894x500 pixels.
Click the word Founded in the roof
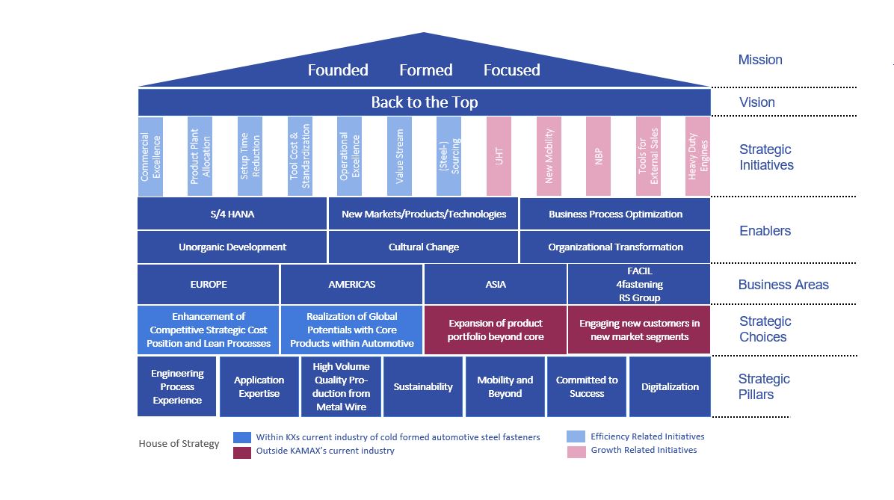pos(338,70)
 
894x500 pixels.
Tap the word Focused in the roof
pos(511,70)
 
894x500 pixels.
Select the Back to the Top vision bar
pos(424,102)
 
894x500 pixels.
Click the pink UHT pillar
pos(499,156)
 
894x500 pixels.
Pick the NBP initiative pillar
pos(598,156)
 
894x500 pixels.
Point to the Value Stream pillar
pos(399,156)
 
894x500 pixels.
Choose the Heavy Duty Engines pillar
pos(697,156)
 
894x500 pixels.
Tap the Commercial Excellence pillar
pos(150,156)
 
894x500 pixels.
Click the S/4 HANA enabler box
pos(232,214)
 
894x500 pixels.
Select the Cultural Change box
pos(423,247)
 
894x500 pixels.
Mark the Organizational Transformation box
pos(615,247)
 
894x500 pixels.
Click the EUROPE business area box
pos(209,284)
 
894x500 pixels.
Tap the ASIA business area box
pos(496,284)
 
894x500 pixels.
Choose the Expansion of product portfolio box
pos(496,330)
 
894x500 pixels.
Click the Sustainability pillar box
pos(423,386)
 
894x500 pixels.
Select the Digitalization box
pos(670,386)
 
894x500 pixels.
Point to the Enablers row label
pos(765,231)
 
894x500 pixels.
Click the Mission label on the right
pos(759,60)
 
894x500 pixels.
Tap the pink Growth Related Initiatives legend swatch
pos(576,451)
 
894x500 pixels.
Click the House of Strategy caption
pos(179,443)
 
